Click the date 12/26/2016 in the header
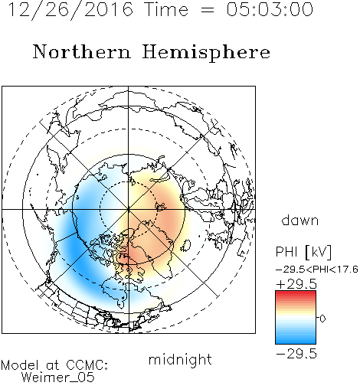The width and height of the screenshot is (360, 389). coord(70,9)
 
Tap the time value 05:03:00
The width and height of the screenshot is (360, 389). coord(270,9)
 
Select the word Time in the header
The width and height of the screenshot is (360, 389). coord(166,9)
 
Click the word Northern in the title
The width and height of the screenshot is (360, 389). coord(82,51)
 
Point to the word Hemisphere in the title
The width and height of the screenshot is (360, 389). coord(206,53)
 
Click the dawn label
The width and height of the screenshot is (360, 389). coord(300,220)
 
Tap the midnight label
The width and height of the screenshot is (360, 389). coord(180,359)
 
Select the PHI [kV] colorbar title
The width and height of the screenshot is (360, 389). coord(303,252)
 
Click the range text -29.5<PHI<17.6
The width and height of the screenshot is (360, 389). coord(317,270)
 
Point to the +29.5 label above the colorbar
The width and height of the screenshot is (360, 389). coord(296,284)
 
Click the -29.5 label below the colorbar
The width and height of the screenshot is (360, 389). coord(296,354)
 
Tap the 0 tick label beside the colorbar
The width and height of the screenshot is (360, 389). coord(322,319)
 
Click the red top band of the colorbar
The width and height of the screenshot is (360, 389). coord(296,293)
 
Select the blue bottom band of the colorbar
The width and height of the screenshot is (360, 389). coord(296,341)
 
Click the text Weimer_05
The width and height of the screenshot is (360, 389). coord(57,378)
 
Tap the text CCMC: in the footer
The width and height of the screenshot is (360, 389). coord(87,365)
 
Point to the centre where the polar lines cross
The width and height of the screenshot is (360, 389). coord(129,210)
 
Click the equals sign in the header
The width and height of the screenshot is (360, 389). coord(207,10)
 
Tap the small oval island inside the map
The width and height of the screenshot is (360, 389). coord(185,246)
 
